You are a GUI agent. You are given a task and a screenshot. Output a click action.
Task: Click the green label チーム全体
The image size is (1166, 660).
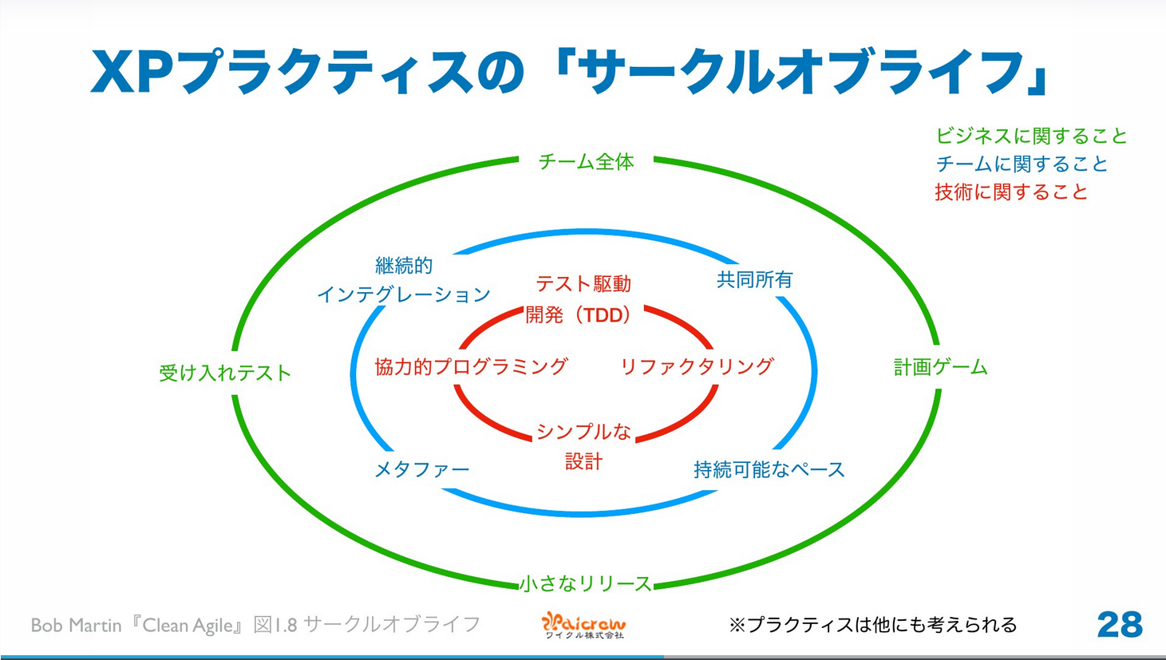tap(586, 162)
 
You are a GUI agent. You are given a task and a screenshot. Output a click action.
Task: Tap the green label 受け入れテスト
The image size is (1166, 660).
tap(225, 373)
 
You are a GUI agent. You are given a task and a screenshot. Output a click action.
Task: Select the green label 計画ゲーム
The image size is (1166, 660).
tap(940, 367)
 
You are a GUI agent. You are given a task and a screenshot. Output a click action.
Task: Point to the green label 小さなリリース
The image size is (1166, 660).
tap(586, 584)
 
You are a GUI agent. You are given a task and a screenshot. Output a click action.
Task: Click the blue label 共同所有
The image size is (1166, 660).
tap(754, 280)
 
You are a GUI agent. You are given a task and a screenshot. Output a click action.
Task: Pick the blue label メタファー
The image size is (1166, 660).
tap(421, 469)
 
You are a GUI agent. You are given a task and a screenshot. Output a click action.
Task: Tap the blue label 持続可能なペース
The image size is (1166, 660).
tap(769, 470)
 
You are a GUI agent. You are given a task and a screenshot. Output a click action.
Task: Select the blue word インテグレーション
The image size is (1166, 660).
tap(404, 295)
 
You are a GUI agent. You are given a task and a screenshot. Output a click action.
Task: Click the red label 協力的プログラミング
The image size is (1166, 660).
tap(471, 367)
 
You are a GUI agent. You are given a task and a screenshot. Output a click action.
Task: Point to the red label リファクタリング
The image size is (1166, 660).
tap(697, 366)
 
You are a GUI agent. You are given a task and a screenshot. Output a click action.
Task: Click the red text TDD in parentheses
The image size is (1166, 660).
tap(603, 316)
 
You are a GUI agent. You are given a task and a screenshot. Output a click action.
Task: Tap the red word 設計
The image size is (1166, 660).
tap(583, 462)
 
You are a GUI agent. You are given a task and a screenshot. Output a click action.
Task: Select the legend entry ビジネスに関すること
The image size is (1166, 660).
tap(1031, 136)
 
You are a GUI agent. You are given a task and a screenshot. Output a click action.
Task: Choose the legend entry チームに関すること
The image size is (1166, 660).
tap(1022, 164)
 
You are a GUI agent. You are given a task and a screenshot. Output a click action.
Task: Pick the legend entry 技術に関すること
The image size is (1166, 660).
tap(1011, 192)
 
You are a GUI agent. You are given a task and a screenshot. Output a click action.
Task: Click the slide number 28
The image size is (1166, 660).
tap(1119, 625)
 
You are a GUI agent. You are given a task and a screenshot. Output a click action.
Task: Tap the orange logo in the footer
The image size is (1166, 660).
tap(583, 624)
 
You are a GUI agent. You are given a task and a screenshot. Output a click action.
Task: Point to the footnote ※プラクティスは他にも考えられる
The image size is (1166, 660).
tap(872, 625)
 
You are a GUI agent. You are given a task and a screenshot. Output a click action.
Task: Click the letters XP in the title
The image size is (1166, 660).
tap(132, 73)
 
